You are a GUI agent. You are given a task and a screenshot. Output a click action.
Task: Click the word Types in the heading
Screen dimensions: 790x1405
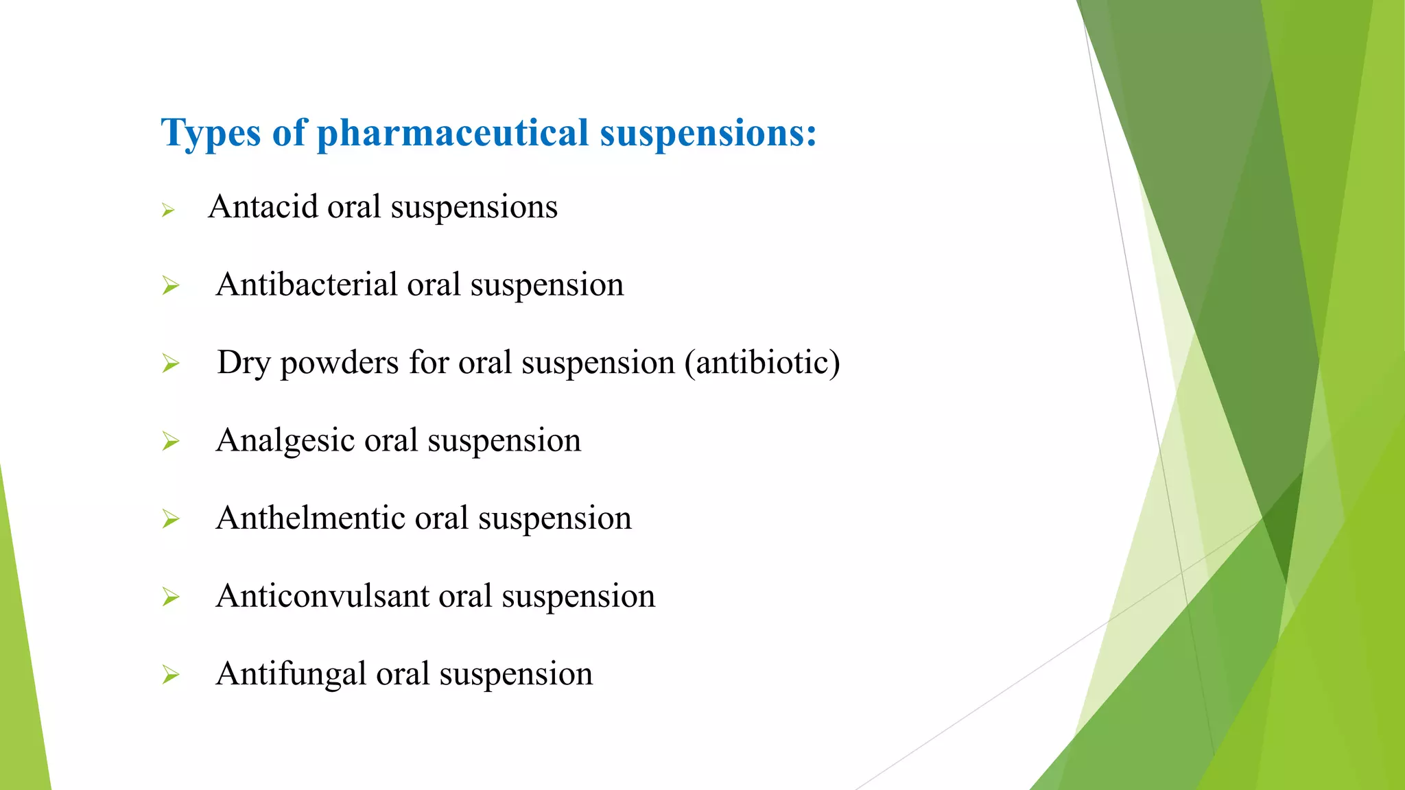(x=211, y=133)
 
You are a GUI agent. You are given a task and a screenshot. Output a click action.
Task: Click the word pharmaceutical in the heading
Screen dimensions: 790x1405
(x=452, y=133)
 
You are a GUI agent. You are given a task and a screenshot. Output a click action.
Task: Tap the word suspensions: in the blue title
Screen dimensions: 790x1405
(x=708, y=133)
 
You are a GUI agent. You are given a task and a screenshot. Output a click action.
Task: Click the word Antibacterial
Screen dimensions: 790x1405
(x=306, y=285)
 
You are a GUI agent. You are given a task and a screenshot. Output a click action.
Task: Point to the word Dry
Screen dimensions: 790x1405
(x=243, y=363)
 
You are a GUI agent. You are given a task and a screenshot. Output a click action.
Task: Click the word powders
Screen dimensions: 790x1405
(x=339, y=363)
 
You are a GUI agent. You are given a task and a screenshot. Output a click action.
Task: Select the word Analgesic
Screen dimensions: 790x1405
(x=285, y=440)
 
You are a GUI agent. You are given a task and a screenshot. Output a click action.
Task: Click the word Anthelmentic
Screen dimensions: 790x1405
(x=310, y=518)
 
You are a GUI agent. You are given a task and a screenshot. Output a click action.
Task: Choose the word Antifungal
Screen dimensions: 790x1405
(x=291, y=673)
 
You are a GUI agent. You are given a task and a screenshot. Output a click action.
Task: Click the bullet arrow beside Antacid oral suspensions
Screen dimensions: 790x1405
(x=168, y=211)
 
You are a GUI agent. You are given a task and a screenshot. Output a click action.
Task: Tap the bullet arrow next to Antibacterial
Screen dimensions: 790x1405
(x=170, y=285)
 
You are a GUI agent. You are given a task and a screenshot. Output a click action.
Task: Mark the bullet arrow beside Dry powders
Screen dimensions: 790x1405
(x=170, y=363)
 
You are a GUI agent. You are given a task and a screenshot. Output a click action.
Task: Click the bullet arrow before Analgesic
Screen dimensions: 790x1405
(x=170, y=441)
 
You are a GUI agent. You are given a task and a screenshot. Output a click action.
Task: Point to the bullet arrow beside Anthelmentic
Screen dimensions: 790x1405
(x=170, y=519)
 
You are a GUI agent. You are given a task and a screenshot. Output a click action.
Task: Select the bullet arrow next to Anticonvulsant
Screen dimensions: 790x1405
(x=170, y=597)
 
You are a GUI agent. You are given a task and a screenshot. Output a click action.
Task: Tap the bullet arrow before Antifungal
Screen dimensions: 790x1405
(x=170, y=675)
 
